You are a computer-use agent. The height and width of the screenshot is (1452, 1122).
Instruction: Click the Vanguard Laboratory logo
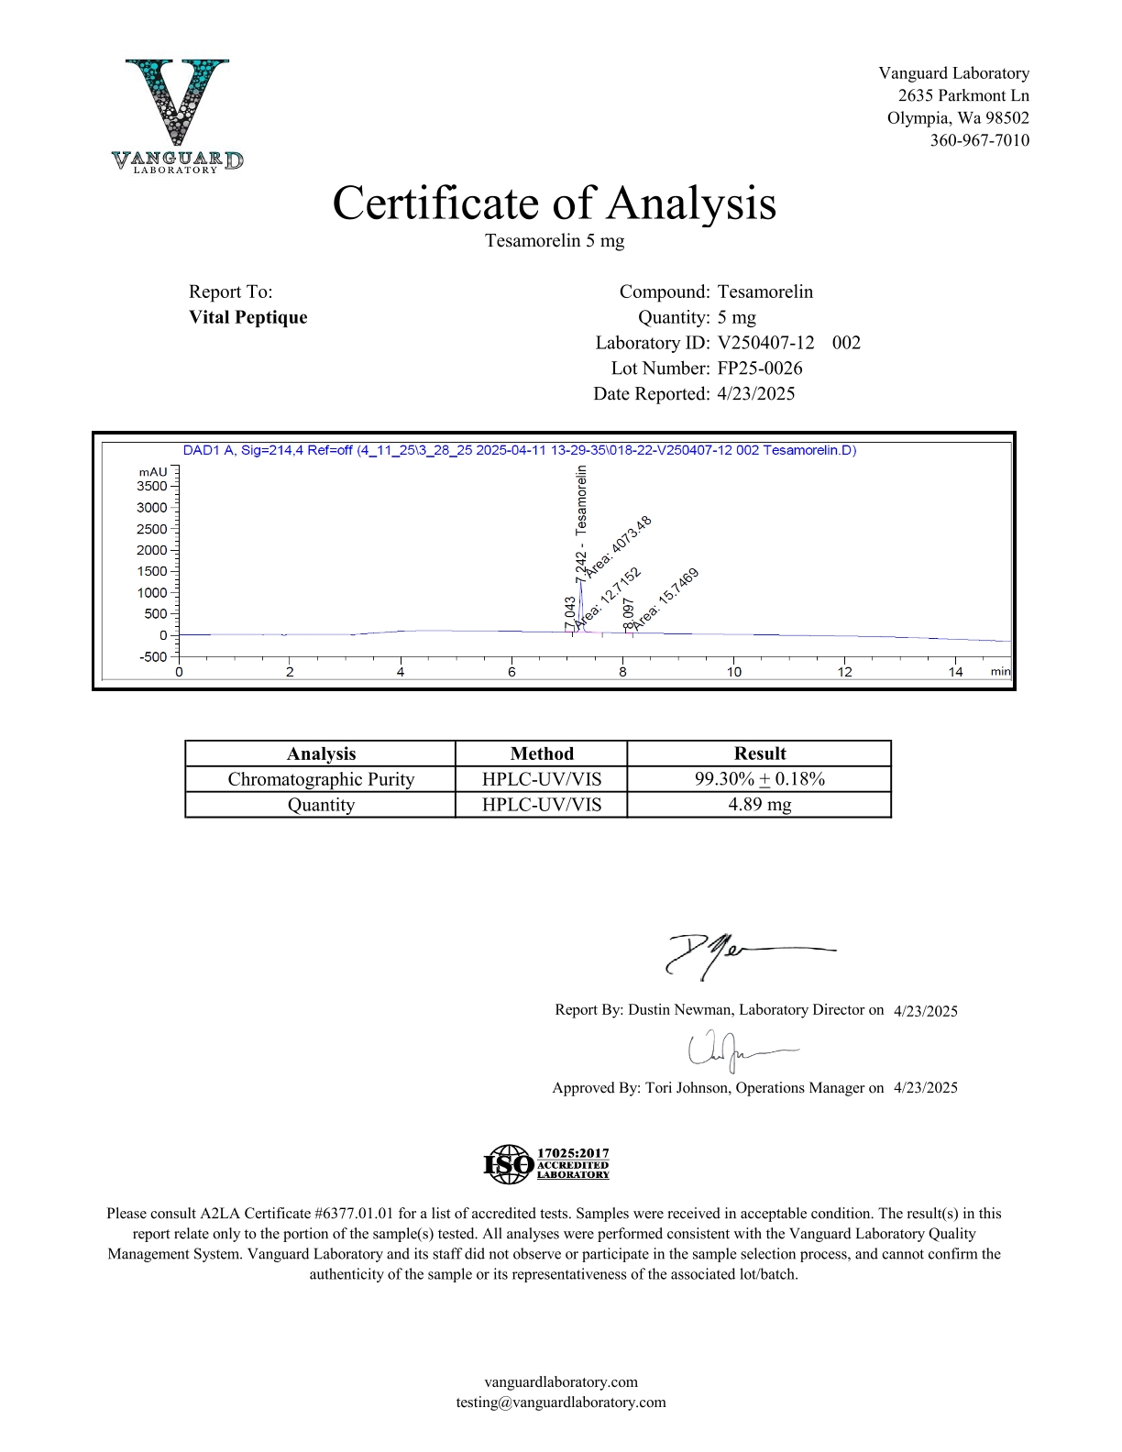click(178, 115)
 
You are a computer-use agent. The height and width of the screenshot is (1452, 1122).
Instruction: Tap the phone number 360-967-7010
click(979, 140)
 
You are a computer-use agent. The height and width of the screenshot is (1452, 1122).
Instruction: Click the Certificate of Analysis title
click(554, 203)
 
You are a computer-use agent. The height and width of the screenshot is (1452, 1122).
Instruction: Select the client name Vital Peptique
click(248, 317)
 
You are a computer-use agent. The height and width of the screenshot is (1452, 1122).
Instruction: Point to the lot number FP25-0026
click(760, 368)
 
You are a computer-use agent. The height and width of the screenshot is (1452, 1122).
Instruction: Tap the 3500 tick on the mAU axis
click(154, 486)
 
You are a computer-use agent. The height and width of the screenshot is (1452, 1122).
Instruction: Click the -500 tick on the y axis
click(154, 656)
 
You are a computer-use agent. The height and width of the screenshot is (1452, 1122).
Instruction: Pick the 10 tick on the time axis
click(733, 672)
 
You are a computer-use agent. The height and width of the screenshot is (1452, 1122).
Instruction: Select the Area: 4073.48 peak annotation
click(619, 546)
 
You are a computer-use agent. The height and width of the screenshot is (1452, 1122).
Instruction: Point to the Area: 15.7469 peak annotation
click(666, 599)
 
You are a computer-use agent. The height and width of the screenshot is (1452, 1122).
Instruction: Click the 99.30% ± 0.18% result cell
click(759, 779)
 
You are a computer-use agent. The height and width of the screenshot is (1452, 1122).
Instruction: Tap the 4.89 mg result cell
click(759, 805)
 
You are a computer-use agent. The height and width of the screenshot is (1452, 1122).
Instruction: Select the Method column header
click(542, 753)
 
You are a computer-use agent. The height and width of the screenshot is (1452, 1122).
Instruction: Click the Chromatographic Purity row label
click(321, 779)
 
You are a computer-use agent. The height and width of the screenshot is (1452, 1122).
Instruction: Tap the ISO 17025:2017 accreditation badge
click(546, 1163)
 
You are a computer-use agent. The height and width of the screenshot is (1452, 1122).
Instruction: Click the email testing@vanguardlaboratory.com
click(561, 1402)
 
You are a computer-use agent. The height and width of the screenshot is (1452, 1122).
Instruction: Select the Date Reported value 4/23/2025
click(756, 394)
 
